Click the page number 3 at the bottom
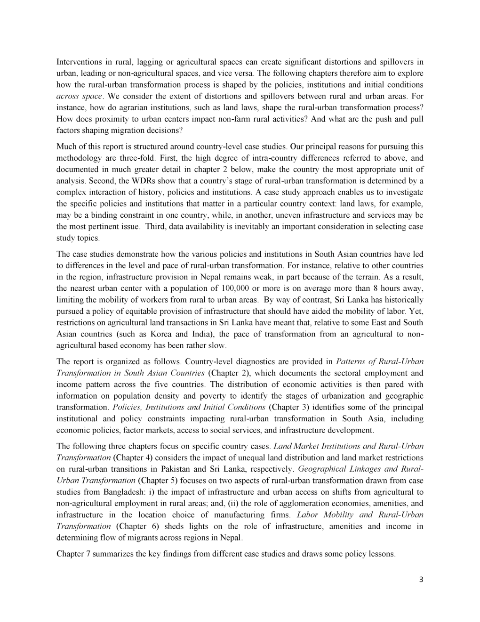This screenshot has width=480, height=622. click(421, 580)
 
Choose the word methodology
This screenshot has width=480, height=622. click(79, 158)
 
